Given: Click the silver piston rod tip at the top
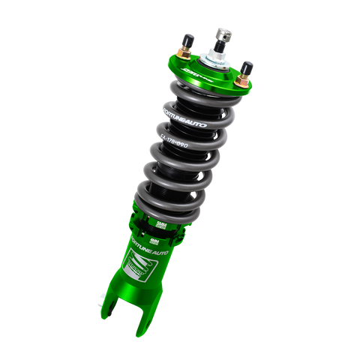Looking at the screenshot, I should click(222, 31).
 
